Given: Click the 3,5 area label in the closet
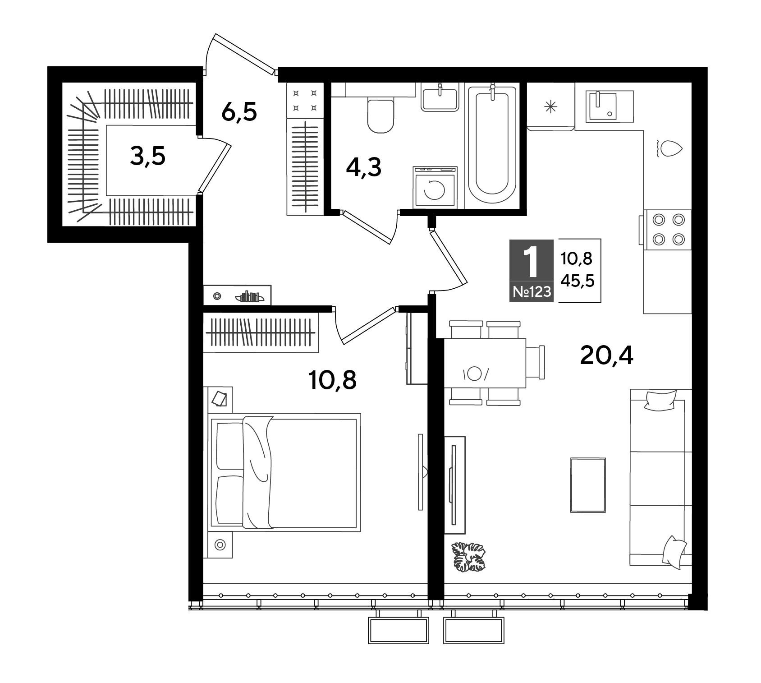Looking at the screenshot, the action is (x=148, y=157).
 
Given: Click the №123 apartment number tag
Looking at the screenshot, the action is (x=532, y=292).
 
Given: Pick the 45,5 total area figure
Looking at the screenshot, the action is (x=578, y=282).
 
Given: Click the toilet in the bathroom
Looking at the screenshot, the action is (x=381, y=115).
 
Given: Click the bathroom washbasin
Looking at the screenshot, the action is (x=439, y=98).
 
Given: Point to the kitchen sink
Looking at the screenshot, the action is (x=609, y=106).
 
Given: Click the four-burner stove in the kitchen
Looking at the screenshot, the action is (x=668, y=230).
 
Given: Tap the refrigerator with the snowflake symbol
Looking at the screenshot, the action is (x=550, y=107).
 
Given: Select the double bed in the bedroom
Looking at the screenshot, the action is (x=284, y=471).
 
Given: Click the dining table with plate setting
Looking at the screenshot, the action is (x=485, y=363).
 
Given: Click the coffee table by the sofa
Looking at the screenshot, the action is (x=588, y=485).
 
